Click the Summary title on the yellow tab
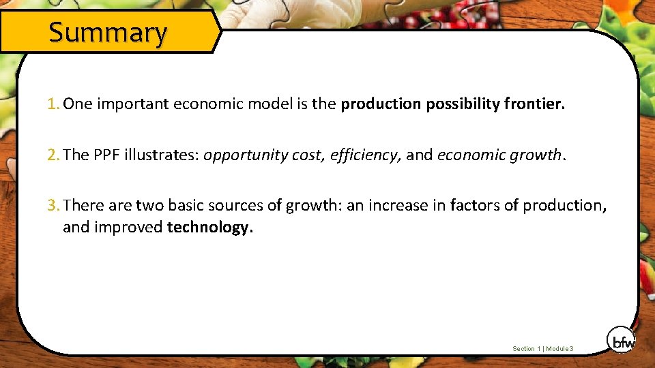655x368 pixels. (108, 32)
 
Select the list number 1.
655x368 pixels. (53, 104)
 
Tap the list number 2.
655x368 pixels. (53, 155)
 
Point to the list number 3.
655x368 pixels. (53, 205)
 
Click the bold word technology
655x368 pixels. (209, 228)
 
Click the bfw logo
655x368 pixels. (620, 340)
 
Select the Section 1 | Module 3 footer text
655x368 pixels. (543, 349)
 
